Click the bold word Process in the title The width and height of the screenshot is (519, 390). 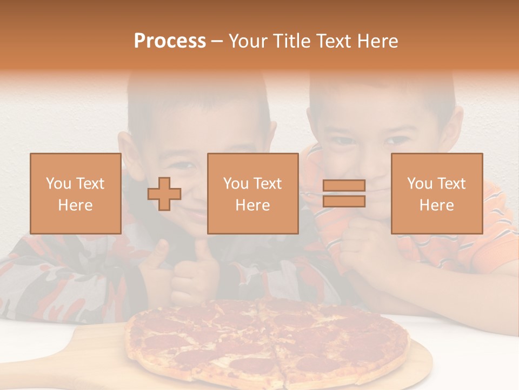click(x=170, y=41)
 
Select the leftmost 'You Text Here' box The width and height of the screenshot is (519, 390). click(x=75, y=193)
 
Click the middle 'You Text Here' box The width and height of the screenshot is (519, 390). click(x=252, y=193)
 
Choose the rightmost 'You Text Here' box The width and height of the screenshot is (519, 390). click(x=436, y=193)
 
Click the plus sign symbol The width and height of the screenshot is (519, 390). click(x=164, y=194)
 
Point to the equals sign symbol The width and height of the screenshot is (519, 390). click(x=344, y=194)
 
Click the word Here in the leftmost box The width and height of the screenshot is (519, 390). click(x=75, y=205)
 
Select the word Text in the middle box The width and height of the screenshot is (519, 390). click(x=267, y=184)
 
